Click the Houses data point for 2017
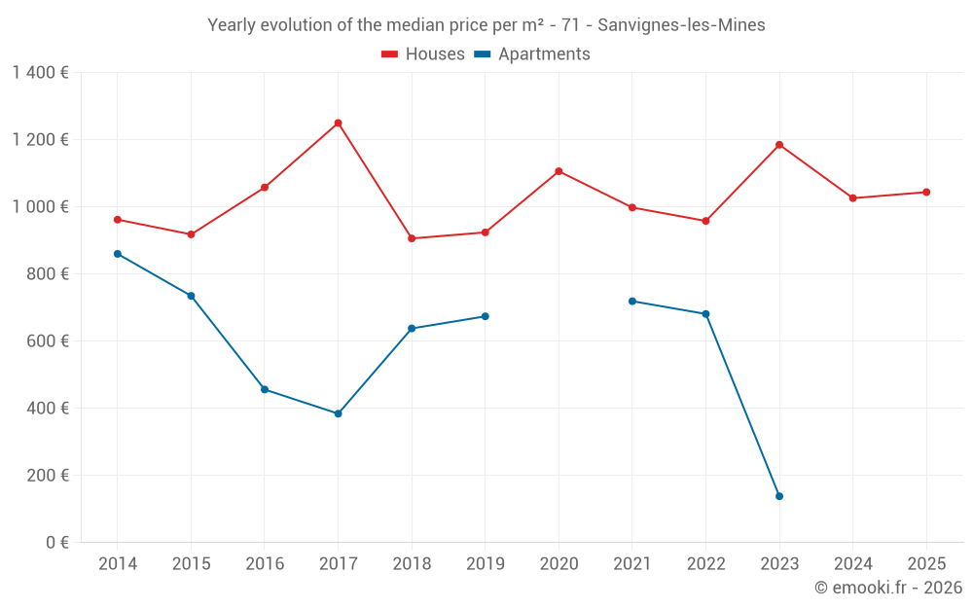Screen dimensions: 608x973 (338, 124)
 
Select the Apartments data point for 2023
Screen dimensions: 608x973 (779, 496)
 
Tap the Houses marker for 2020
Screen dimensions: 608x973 (559, 171)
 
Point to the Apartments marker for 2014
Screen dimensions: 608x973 (118, 254)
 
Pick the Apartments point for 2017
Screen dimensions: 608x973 (338, 413)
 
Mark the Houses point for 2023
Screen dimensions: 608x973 (779, 145)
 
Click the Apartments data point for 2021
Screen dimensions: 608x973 (632, 302)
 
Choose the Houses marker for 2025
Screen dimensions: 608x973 (926, 192)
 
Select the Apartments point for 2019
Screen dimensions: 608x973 (486, 316)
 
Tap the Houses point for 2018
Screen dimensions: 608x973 (412, 238)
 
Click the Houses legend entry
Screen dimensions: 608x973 (423, 54)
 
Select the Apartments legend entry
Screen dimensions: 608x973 (532, 54)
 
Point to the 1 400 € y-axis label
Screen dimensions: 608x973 (40, 72)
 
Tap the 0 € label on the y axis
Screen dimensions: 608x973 (54, 543)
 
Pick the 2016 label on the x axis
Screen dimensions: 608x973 (265, 564)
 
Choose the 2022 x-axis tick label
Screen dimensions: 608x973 (705, 564)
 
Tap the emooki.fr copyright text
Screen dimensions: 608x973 (888, 588)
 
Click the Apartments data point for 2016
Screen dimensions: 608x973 (265, 389)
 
